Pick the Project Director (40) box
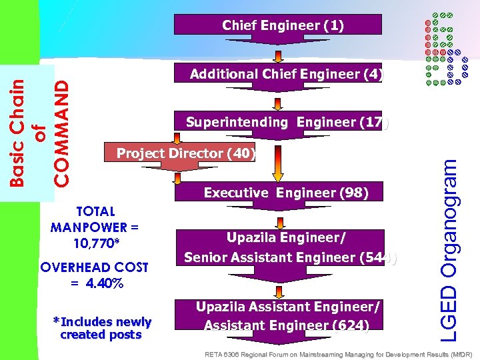click(x=181, y=153)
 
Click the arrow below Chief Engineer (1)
click(x=279, y=54)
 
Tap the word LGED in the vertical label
click(x=451, y=313)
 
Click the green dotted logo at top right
click(x=440, y=48)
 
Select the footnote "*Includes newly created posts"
click(x=101, y=328)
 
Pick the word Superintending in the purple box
click(x=237, y=122)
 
